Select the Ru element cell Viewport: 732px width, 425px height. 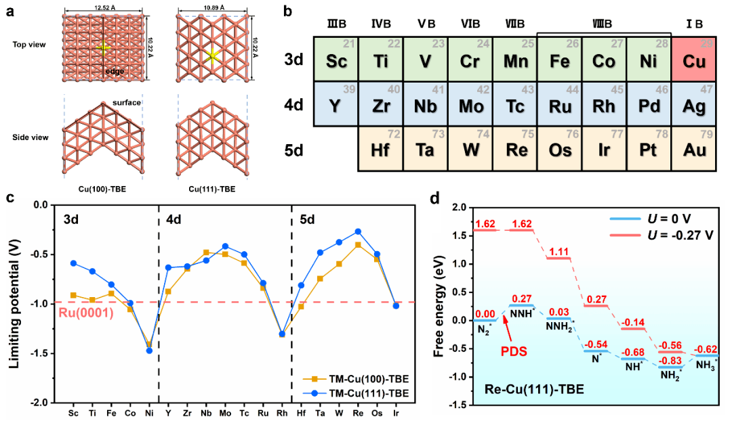tap(559, 106)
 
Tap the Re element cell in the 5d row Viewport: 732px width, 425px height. tap(514, 150)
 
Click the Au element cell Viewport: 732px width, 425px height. tap(695, 150)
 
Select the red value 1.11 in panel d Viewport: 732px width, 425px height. tap(558, 252)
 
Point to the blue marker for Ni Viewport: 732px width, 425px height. tap(149, 351)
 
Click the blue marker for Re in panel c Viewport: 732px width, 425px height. tap(358, 231)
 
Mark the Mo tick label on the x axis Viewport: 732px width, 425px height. tap(225, 412)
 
